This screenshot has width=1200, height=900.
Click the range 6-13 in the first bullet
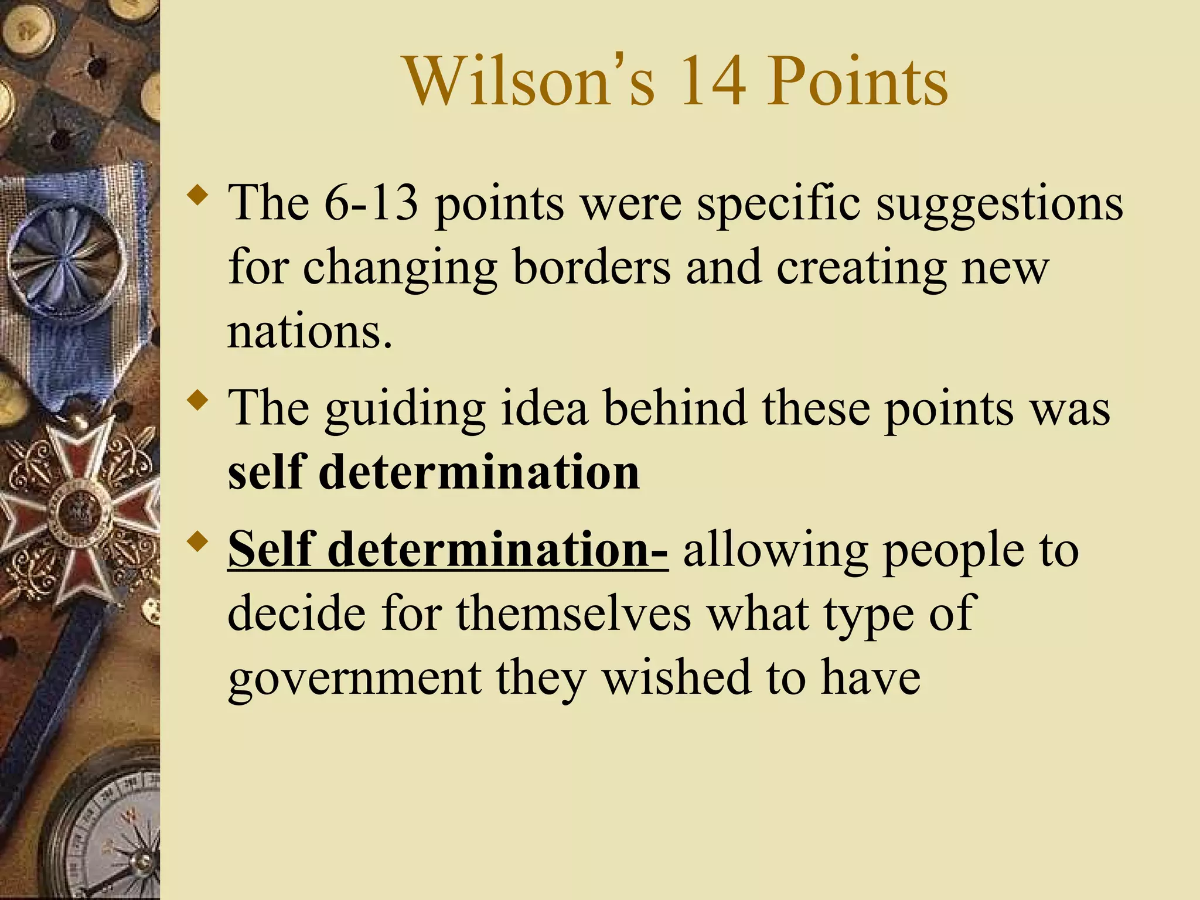point(371,202)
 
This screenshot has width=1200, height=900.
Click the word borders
point(591,267)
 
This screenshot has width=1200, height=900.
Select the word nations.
point(309,332)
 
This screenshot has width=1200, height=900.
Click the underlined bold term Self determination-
point(448,549)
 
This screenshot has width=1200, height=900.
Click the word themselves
point(574,613)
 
